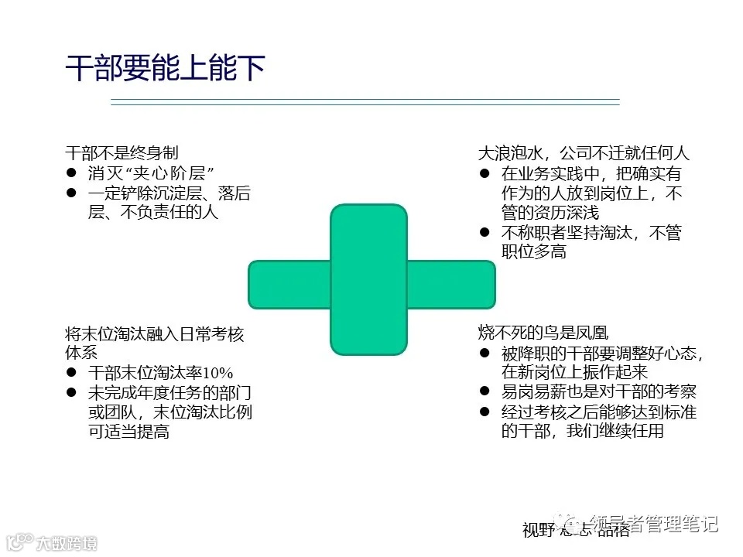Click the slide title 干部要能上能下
click(x=166, y=69)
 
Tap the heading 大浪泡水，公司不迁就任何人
click(x=583, y=153)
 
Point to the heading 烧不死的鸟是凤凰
click(x=543, y=333)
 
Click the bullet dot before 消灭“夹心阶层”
click(x=71, y=173)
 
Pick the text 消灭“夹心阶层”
click(x=151, y=173)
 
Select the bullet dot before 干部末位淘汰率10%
click(x=71, y=372)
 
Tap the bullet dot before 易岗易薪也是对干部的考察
click(x=484, y=391)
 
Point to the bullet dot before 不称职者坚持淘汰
click(x=484, y=232)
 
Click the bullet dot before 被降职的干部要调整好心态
click(x=484, y=354)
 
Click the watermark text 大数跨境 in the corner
click(x=67, y=543)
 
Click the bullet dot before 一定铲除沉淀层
click(x=71, y=193)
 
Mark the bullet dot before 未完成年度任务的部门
click(x=71, y=392)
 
